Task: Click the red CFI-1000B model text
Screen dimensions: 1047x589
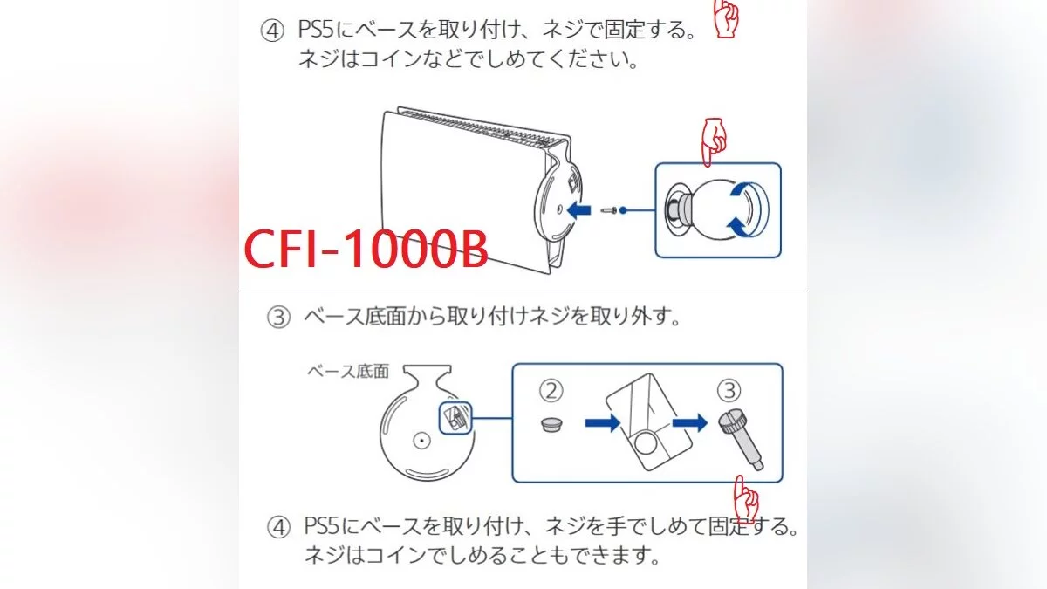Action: [x=366, y=250]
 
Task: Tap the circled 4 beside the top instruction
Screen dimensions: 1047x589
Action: [x=272, y=31]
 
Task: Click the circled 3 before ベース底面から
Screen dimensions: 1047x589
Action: [x=278, y=317]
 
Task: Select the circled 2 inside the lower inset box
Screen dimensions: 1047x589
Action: [x=551, y=391]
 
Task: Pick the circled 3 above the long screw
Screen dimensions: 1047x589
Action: [x=729, y=391]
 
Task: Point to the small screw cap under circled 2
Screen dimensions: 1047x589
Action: [x=551, y=424]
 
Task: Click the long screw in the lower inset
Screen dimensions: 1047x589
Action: [x=742, y=440]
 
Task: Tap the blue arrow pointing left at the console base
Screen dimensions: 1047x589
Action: [x=578, y=210]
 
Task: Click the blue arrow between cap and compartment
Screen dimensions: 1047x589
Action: [x=603, y=423]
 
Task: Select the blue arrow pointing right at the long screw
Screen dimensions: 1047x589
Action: [x=690, y=423]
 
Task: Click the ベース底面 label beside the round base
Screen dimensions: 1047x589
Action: [x=348, y=372]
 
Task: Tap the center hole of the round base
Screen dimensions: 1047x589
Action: [x=421, y=441]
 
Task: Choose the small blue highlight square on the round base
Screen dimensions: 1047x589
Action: [x=455, y=418]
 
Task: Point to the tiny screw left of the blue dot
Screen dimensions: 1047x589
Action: [x=609, y=211]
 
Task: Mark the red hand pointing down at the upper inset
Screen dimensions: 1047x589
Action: [x=714, y=141]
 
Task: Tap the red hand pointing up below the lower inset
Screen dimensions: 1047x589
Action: [x=746, y=499]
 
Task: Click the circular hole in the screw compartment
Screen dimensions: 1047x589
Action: [x=645, y=443]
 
